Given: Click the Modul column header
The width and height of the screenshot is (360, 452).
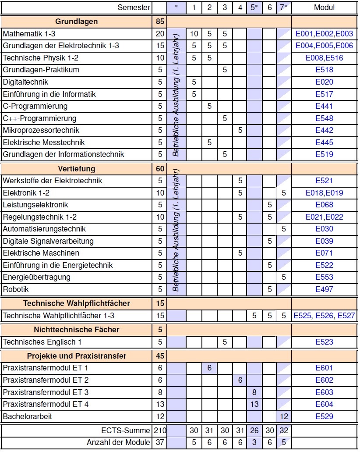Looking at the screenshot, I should click(x=324, y=7).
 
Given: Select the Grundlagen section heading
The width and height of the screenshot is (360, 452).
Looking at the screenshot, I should click(x=77, y=21).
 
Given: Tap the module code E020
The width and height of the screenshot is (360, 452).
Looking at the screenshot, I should click(x=324, y=82).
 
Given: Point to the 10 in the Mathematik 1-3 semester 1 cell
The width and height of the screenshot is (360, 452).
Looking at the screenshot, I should click(x=194, y=34).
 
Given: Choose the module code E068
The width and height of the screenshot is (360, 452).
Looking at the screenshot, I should click(x=324, y=205).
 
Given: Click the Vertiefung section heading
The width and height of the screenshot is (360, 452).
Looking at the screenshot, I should click(x=77, y=169).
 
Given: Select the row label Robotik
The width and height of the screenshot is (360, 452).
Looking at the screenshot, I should click(x=16, y=289).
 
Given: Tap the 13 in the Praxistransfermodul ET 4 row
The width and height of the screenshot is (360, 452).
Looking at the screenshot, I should click(x=254, y=404).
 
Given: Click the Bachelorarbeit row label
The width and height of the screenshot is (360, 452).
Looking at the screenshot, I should click(x=27, y=416).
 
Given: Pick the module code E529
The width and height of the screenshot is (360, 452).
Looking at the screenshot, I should click(x=324, y=416).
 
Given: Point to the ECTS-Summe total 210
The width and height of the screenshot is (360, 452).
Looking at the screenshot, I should click(x=159, y=431).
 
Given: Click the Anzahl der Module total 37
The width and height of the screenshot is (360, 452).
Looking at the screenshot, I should click(x=159, y=442).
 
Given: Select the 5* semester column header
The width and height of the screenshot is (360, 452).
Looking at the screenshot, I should click(x=254, y=7).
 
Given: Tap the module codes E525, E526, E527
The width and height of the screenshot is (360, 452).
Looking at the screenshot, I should click(x=324, y=316).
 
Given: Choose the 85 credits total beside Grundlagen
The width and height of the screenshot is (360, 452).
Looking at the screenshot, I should click(x=159, y=21).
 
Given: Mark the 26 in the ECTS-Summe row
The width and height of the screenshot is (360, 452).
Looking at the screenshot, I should click(x=254, y=431).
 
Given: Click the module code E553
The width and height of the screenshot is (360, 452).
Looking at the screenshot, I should click(x=324, y=277).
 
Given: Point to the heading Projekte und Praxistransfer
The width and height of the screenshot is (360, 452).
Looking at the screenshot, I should click(x=77, y=356).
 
